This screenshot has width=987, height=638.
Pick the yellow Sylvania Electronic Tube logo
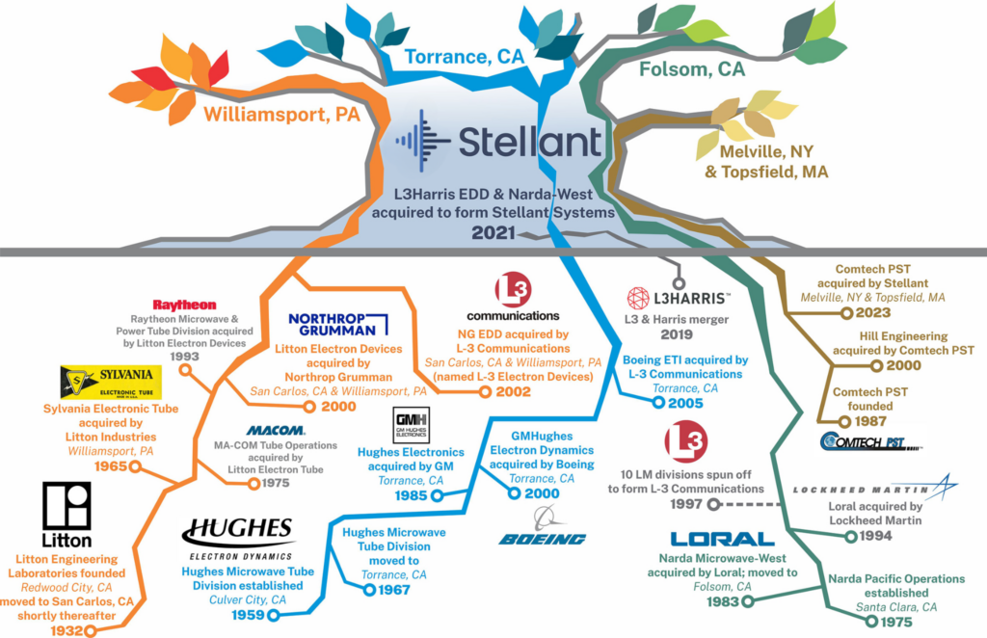tap(111, 382)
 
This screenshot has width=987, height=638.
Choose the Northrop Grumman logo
tap(337, 325)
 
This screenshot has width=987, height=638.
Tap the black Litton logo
tap(67, 518)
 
